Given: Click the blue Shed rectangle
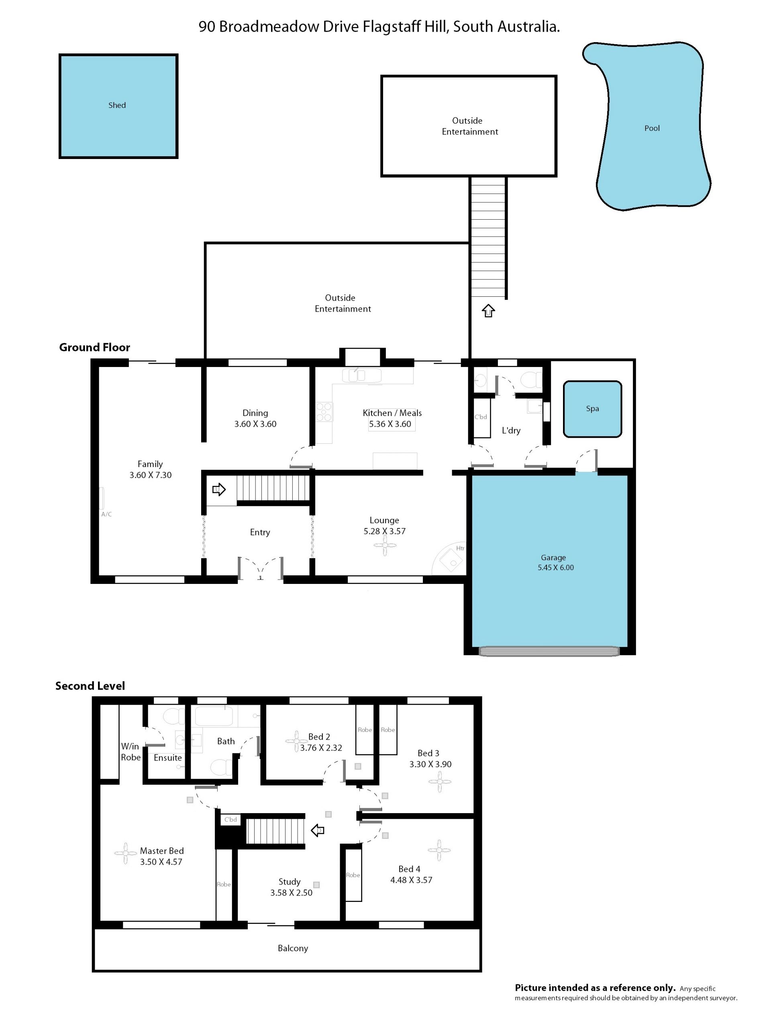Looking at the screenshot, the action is pos(118,106).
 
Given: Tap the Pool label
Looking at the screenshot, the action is pos(652,128).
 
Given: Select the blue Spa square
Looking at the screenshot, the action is pos(592,409).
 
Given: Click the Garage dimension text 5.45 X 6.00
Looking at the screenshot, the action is pos(555,567).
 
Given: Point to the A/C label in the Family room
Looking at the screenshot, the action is pos(106,514).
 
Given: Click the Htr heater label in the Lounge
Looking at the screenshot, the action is pos(460,549).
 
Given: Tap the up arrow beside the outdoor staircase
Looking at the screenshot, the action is pos(488,310).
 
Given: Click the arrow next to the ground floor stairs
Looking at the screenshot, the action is pos(219,490).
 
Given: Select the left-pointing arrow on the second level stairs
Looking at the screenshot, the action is pos(317,830).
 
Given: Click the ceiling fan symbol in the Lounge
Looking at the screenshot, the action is pos(385,546).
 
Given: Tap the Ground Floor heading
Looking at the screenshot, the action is pos(94,347).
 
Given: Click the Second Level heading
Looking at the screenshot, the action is pos(90,686).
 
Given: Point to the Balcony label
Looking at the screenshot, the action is pos(293,948).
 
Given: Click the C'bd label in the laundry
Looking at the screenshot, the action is pos(481,417).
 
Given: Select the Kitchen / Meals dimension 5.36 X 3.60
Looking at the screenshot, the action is pos(390,424).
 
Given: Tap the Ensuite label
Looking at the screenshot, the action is pos(168,758).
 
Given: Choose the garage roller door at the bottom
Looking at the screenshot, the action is pos(549,651).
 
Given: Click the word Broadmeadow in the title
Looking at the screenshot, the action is pos(269,27).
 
